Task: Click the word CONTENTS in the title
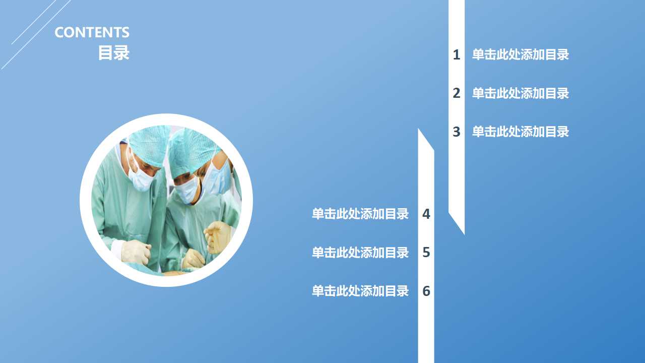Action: coord(92,33)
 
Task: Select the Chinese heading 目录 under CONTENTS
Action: coord(114,52)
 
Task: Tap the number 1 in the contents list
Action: coord(457,55)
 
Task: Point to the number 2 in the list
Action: coord(457,93)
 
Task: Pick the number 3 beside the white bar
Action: coord(457,132)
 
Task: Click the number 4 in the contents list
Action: coord(426,214)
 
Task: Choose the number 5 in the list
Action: coord(426,253)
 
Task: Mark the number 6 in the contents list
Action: coord(426,291)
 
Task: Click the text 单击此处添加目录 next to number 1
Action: coord(520,55)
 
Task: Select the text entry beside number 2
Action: coord(520,93)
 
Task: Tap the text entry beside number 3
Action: coord(520,132)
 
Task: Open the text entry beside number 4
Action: coord(360,214)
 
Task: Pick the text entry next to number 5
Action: coord(360,253)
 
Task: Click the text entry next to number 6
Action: coord(360,291)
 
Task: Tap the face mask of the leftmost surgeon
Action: coord(141,178)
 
